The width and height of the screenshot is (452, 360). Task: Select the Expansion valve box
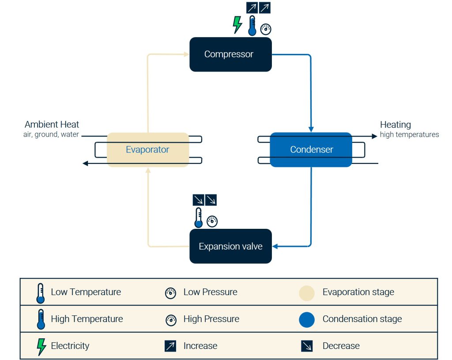[230, 246]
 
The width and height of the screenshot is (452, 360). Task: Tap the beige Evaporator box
[147, 150]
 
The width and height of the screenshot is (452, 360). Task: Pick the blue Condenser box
[311, 150]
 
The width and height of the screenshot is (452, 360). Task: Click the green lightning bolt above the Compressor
[237, 25]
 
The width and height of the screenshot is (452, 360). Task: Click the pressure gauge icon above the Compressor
[266, 29]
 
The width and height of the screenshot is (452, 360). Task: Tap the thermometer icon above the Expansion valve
[199, 218]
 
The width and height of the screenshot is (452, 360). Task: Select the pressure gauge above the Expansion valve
[212, 221]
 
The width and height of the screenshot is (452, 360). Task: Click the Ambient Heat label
[52, 125]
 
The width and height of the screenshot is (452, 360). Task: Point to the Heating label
[395, 125]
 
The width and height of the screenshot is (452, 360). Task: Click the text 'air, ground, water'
[51, 134]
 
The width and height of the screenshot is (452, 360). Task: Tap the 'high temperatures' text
[409, 134]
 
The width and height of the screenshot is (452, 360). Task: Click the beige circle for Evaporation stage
[307, 293]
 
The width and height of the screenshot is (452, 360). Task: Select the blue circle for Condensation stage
[307, 320]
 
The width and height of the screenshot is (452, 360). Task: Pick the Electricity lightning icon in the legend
[41, 346]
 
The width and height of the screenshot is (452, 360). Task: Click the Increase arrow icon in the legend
[170, 346]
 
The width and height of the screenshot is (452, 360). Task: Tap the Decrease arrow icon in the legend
[307, 346]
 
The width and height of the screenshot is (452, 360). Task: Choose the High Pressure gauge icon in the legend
[170, 320]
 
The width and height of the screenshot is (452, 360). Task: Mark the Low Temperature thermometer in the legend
[41, 293]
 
